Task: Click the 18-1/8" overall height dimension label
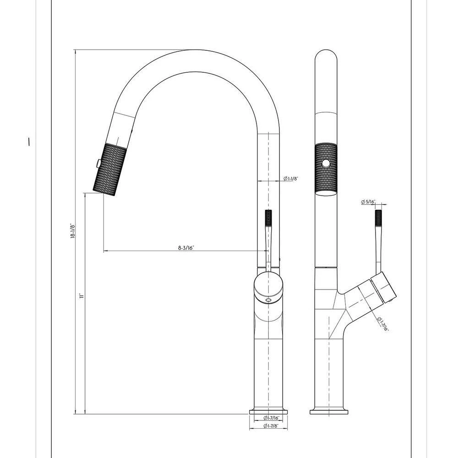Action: click(x=72, y=232)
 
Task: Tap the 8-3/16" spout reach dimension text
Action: click(x=186, y=248)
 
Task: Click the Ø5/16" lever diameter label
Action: click(x=368, y=202)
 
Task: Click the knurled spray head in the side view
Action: click(x=109, y=169)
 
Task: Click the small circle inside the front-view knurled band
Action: click(x=327, y=163)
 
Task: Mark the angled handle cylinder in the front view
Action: click(x=366, y=293)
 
